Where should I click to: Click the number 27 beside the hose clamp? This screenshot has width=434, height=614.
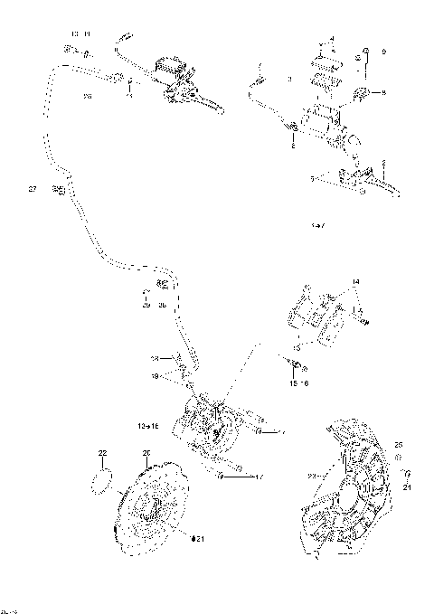pos(33,189)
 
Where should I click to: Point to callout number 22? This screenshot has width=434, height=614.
pos(102,452)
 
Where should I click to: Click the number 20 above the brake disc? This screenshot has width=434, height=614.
pos(146,452)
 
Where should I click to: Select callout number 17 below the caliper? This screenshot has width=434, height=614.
pos(258,477)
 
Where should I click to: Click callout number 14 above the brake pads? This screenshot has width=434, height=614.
pos(355,283)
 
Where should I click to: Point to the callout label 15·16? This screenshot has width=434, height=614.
pos(297,383)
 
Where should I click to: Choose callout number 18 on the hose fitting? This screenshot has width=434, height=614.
pos(155,358)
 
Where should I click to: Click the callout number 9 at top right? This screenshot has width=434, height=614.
pos(382,52)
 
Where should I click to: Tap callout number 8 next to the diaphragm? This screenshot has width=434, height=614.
pos(382,92)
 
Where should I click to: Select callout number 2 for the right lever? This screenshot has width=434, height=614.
pos(383,162)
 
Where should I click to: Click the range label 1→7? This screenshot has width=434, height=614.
pos(316,224)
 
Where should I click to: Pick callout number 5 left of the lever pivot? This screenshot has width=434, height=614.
pos(313,179)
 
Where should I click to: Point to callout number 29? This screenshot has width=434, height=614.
pos(144,305)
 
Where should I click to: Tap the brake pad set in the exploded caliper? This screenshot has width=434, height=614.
pos(312,313)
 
